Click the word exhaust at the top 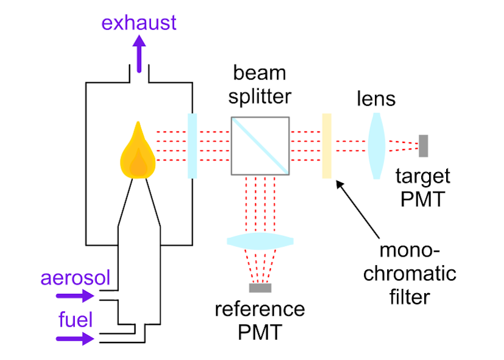[139, 23]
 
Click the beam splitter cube [260, 145]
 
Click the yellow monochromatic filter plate [327, 146]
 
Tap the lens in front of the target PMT [376, 145]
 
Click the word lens [376, 99]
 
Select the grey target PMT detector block [423, 145]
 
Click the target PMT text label [422, 187]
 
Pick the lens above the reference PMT [261, 241]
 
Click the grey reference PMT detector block [261, 288]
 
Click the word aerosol [75, 279]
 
